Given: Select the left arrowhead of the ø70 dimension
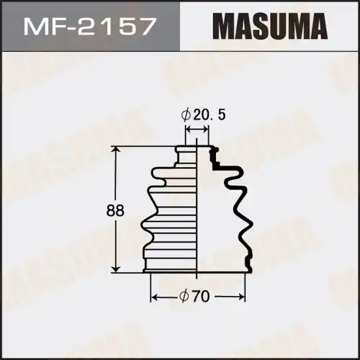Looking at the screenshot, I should pos(153,296).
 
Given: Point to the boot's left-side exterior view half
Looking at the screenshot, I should pos(173,216).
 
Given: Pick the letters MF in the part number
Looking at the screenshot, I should pos(45,28).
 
